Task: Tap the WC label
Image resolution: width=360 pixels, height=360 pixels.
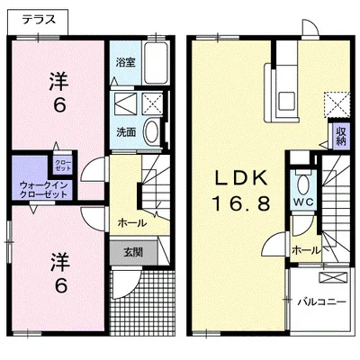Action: (302, 202)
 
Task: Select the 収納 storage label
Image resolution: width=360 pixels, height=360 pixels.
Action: (341, 137)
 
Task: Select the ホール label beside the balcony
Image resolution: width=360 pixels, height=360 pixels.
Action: (305, 249)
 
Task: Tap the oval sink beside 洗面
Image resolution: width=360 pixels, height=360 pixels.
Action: (153, 133)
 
